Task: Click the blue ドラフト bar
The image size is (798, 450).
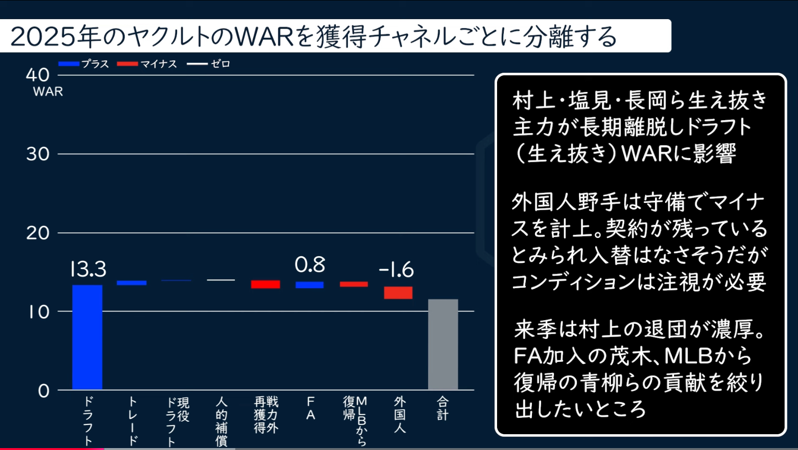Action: (x=87, y=337)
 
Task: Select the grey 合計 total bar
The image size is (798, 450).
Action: (x=443, y=344)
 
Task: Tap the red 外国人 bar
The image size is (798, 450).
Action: (x=398, y=292)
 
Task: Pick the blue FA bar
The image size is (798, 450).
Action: (x=310, y=285)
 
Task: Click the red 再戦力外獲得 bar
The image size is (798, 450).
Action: (x=266, y=284)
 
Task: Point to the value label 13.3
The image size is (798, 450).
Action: (x=88, y=269)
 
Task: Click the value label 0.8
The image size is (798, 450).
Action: (x=310, y=265)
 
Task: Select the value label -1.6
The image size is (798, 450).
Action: (x=396, y=270)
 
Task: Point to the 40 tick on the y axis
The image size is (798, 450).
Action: (x=38, y=75)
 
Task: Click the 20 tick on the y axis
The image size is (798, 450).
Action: (x=38, y=233)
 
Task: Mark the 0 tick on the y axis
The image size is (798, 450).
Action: (x=44, y=391)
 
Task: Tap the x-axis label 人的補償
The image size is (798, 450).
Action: (x=221, y=421)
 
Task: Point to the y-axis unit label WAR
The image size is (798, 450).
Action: (x=48, y=91)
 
